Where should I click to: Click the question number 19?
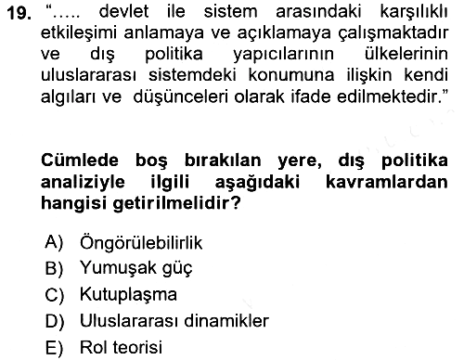coord(19,13)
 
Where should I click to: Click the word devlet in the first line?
coord(123,11)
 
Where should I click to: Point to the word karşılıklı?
coord(414,12)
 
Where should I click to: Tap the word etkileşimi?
coord(79,33)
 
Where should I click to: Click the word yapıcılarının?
coord(283,55)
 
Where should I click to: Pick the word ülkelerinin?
coord(406,54)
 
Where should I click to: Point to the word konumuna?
coord(291,75)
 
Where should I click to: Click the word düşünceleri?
coord(181,96)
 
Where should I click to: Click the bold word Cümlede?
coord(80,161)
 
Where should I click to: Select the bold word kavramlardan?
coord(387,182)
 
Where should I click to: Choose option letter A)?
coord(54,242)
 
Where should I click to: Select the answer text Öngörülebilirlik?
coord(141,242)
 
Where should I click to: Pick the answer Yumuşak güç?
coord(136,268)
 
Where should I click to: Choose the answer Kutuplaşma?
coord(128,294)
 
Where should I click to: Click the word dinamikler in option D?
coord(226,320)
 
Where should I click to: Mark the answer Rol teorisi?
coord(121,347)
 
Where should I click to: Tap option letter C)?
coord(54,295)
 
